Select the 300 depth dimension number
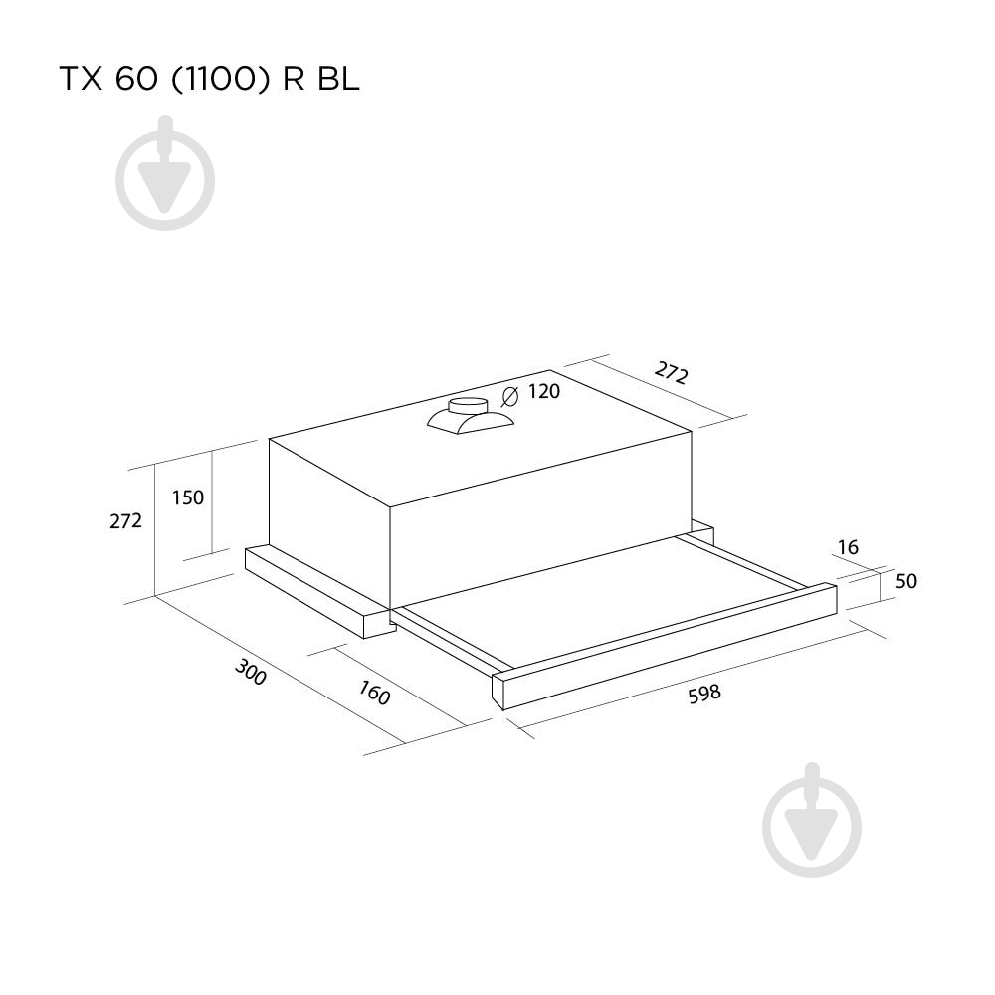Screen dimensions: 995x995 [x=251, y=673]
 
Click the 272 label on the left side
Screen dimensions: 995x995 [x=126, y=520]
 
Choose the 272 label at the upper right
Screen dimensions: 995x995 [x=672, y=373]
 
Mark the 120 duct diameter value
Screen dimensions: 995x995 [x=544, y=392]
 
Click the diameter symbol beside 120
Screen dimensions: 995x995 [x=510, y=396]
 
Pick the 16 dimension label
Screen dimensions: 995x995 [x=848, y=547]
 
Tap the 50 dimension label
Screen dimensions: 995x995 [x=905, y=582]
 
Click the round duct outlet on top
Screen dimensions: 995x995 [x=468, y=406]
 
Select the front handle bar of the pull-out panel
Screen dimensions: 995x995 [x=667, y=647]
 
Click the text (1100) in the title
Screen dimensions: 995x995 [x=220, y=80]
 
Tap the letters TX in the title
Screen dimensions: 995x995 [x=80, y=80]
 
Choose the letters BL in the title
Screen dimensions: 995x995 [x=338, y=80]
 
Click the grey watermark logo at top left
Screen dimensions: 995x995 [x=165, y=176]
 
